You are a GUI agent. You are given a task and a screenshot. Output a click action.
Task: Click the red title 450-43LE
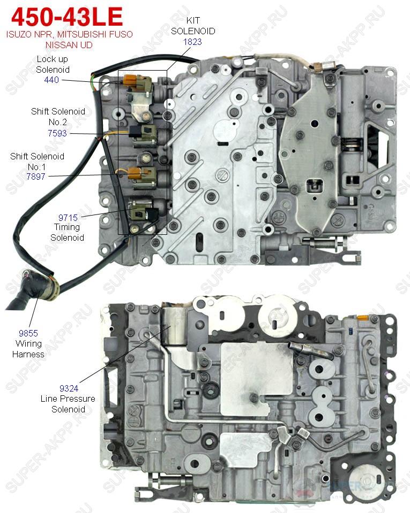coord(67,17)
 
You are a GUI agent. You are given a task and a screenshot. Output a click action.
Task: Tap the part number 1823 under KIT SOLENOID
coord(192,42)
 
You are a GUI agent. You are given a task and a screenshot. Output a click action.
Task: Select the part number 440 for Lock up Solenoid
coord(51,80)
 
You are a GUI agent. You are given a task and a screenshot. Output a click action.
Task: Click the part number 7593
coord(57,133)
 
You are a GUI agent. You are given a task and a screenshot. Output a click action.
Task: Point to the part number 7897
coord(36,177)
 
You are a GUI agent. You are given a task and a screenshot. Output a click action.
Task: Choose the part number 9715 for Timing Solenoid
coord(68,218)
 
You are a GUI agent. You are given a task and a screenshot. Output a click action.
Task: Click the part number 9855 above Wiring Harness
coord(28,333)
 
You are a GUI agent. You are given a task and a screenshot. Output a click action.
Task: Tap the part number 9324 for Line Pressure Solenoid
coord(69,388)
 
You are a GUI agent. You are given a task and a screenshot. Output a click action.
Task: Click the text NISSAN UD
coord(69,45)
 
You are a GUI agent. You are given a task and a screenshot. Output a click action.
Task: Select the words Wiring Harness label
coord(28,349)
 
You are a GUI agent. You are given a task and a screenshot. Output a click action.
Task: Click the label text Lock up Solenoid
coord(53,64)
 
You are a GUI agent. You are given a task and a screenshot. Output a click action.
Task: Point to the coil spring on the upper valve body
coord(352,143)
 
